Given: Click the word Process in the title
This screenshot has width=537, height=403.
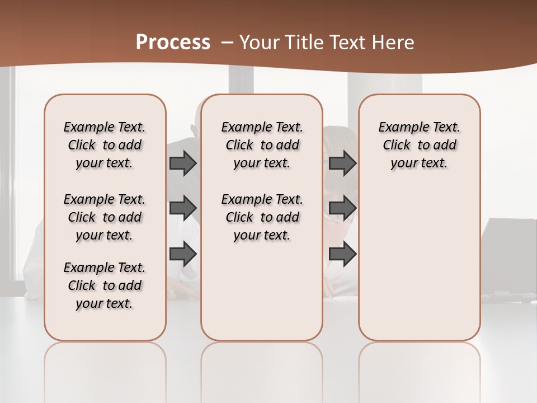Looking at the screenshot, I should [173, 43].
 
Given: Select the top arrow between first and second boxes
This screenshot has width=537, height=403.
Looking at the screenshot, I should [183, 163].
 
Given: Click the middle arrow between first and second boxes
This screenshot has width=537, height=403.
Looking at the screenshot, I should [183, 208].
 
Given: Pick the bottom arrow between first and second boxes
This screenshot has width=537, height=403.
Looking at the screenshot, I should [183, 254].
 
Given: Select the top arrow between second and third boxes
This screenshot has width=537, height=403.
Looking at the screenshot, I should [342, 163].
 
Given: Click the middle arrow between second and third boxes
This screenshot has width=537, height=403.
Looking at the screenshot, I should [342, 208].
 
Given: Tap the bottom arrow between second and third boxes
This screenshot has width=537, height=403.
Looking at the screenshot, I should [342, 254].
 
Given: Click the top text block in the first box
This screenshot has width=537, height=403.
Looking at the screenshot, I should [105, 145].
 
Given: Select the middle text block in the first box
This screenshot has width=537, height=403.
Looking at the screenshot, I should [105, 217].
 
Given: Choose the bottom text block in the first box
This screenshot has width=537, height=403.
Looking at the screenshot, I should [105, 285].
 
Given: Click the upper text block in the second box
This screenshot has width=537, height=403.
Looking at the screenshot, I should [262, 145].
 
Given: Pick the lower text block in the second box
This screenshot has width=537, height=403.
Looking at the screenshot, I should [262, 217].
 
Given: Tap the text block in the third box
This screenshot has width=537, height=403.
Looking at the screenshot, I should [419, 145].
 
